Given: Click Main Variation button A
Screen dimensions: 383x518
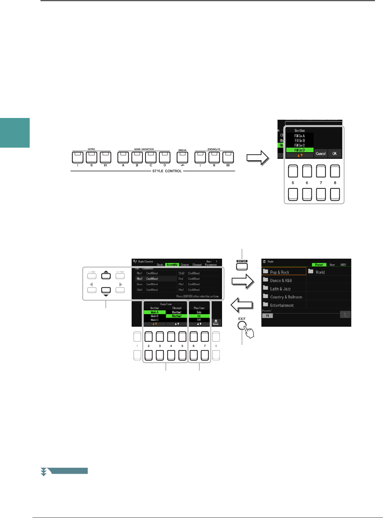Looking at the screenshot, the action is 123,157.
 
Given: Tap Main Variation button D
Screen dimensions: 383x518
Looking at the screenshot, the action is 165,157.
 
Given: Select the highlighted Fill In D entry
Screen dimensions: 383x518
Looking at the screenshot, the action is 300,150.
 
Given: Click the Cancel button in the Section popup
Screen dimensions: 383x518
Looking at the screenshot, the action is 321,154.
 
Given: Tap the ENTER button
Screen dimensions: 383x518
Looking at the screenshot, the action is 242,266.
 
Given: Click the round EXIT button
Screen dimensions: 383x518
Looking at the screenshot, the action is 242,326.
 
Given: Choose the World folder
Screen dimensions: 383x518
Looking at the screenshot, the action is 320,272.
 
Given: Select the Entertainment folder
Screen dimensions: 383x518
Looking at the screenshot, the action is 281,305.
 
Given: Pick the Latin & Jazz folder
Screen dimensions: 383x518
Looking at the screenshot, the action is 280,289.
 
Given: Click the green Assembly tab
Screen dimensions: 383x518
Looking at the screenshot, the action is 172,265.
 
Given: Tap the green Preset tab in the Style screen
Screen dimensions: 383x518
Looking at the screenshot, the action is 319,265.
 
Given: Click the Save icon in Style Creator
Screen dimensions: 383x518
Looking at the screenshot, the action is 216,322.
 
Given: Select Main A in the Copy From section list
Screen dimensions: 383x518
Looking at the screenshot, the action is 154,312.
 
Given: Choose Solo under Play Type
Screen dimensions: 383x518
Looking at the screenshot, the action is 199,312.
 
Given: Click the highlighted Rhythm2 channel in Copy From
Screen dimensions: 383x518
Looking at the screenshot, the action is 177,316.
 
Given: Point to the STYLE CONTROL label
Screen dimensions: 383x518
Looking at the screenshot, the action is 167,171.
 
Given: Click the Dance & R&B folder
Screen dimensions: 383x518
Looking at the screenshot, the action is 281,280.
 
